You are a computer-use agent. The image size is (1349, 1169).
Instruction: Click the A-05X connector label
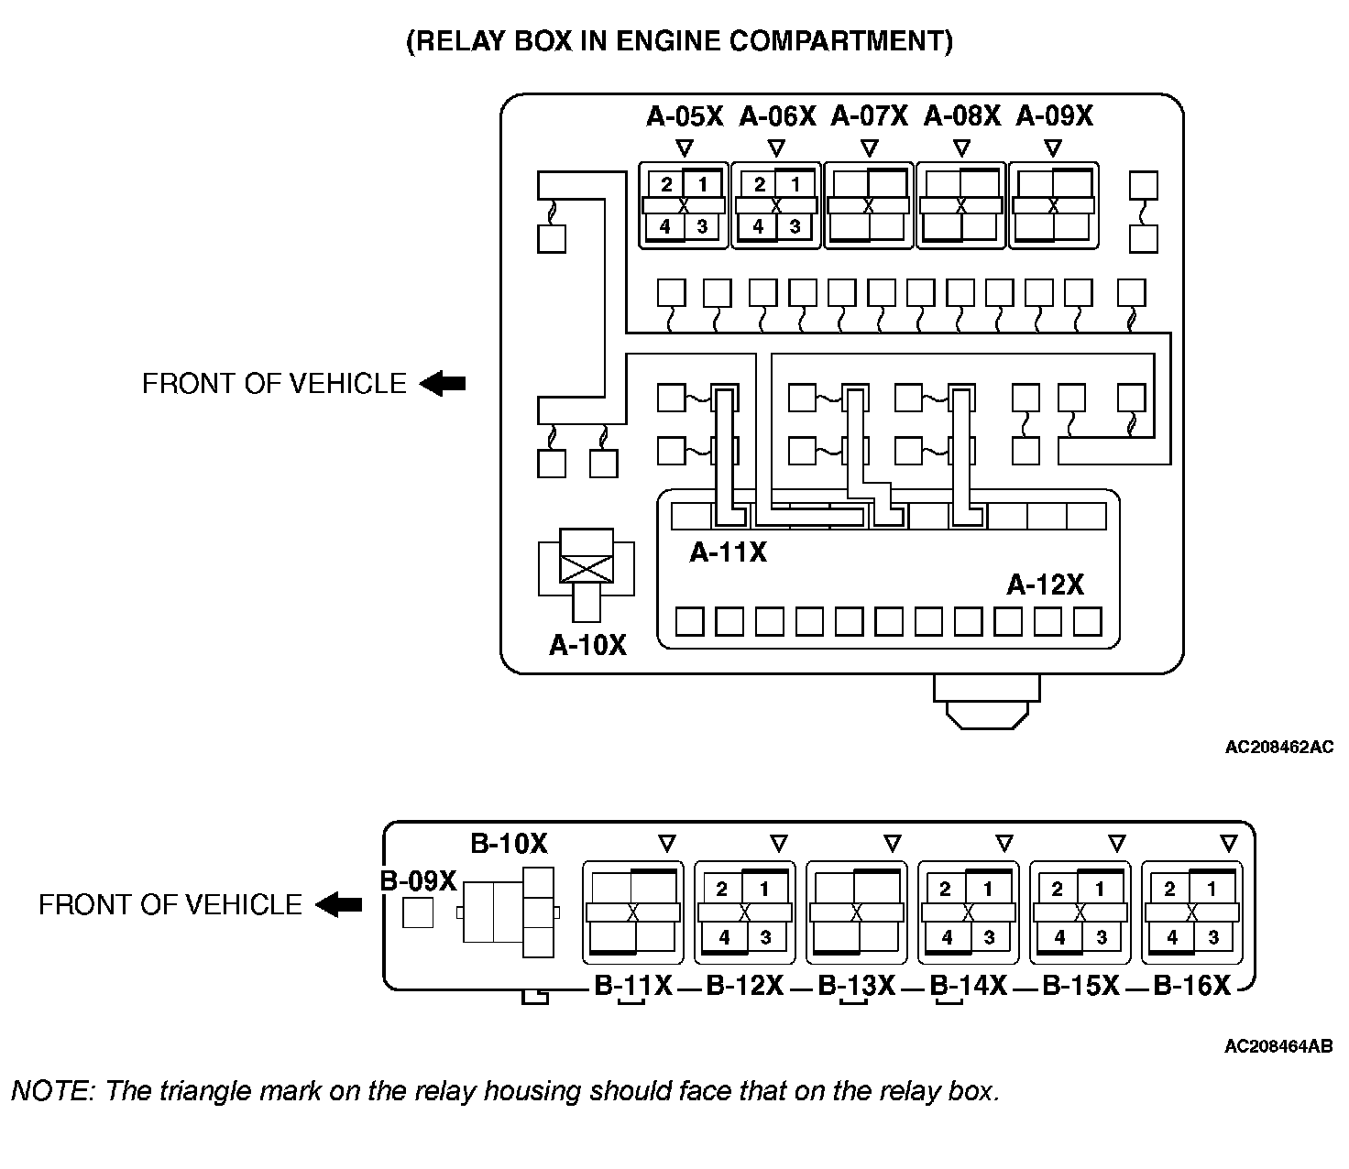pos(685,116)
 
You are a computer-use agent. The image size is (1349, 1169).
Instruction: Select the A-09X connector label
pos(1055,116)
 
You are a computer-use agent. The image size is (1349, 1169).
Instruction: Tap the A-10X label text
pos(587,645)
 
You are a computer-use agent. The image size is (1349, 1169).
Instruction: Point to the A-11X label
pos(729,552)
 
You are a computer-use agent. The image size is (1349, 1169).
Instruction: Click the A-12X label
pos(1045,584)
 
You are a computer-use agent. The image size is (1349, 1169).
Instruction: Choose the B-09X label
pos(418,880)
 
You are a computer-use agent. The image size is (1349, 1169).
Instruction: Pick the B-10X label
pos(509,843)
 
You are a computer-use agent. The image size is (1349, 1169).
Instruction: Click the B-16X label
pos(1191,986)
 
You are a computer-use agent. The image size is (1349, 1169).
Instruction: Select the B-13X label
pos(856,986)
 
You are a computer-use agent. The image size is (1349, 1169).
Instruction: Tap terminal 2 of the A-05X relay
pos(667,184)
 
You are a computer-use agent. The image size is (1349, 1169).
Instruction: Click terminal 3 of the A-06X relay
pos(795,226)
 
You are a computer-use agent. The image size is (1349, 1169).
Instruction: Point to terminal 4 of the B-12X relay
pos(724,937)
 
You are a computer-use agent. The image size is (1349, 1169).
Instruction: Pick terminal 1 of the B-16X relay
pos(1212,889)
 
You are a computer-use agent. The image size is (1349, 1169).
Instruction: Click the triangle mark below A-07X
pos(870,147)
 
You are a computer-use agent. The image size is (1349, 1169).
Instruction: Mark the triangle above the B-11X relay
pos(667,842)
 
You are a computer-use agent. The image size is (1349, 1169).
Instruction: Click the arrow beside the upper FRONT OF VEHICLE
pos(444,383)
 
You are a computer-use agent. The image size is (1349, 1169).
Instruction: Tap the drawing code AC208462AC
pos(1278,747)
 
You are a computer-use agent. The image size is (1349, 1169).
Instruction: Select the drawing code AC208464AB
pos(1278,1046)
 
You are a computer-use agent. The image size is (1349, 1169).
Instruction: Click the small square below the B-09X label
pos(418,912)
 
